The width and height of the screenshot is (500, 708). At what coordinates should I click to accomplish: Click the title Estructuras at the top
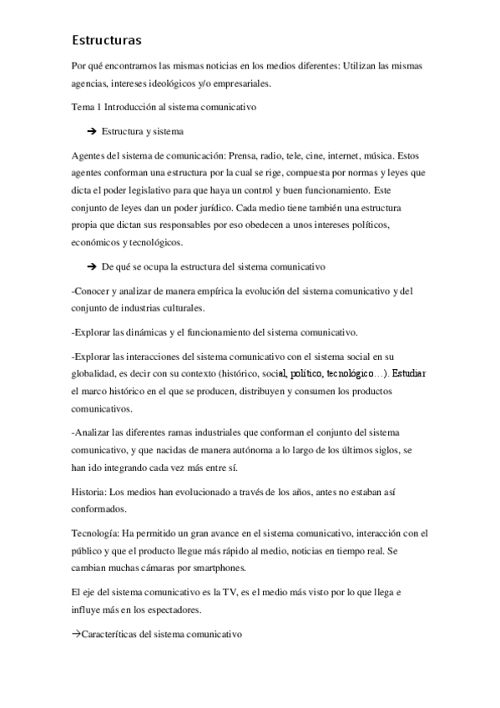[108, 39]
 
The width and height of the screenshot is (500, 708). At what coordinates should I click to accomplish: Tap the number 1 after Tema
[99, 107]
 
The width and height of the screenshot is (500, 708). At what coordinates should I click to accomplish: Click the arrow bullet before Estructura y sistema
[91, 131]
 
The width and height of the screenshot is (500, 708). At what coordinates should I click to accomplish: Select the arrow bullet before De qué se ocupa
[91, 265]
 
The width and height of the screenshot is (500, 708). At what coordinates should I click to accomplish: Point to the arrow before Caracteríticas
[77, 635]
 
